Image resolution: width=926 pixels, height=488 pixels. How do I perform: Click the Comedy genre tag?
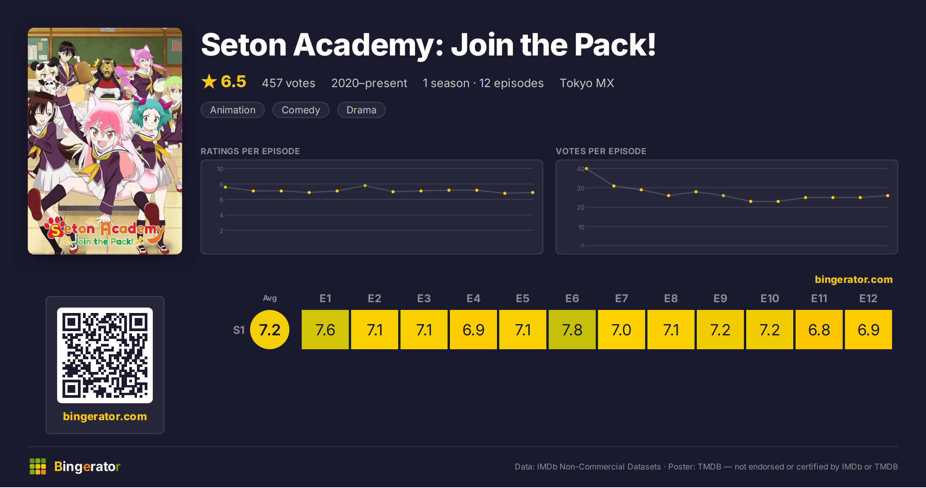coord(301,110)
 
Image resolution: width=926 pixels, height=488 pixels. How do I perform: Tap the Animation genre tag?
coord(233,110)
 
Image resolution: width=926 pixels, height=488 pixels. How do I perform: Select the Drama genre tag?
coord(361,110)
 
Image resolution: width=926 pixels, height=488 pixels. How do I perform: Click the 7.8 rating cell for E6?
coord(572,330)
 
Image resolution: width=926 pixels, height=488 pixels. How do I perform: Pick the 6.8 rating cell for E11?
coord(819,330)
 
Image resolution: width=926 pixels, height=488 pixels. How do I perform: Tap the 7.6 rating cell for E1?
coord(325,330)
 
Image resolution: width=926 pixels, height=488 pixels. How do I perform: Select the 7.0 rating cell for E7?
coord(622,330)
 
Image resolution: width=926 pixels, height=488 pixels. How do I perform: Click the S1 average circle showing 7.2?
coord(270,330)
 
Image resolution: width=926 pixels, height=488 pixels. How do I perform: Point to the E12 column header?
coord(868,298)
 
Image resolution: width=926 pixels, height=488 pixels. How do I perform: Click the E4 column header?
coord(473,298)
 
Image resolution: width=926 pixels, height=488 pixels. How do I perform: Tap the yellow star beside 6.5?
coord(209,81)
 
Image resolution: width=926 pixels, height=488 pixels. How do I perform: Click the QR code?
coord(105,355)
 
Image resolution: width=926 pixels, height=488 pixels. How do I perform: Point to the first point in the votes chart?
coord(586,168)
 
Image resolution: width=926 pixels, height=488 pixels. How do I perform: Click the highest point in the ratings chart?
coord(365,185)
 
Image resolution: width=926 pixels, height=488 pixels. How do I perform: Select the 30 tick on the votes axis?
coord(581,188)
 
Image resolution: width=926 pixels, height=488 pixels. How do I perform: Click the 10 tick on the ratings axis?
coord(220,169)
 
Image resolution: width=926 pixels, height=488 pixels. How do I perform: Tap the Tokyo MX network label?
coord(587,83)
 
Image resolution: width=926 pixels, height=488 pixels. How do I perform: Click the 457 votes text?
coord(289,83)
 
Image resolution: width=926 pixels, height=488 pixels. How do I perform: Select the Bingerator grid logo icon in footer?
coord(38,466)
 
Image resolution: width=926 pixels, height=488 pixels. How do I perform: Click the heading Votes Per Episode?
coord(601,151)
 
